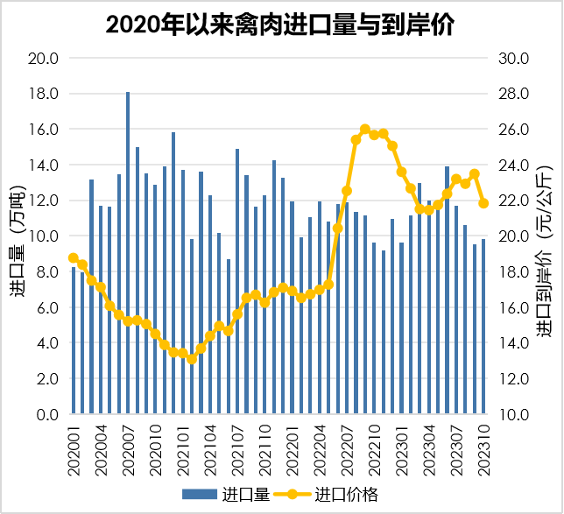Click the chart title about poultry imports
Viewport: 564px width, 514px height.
[281, 24]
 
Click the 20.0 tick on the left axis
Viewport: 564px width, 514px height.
[44, 59]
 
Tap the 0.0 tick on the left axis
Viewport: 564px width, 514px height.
[47, 415]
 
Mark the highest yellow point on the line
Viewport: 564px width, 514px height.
[365, 130]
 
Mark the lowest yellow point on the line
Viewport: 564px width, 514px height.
[192, 359]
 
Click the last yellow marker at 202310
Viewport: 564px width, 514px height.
[483, 203]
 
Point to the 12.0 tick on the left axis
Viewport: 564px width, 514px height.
[44, 201]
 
